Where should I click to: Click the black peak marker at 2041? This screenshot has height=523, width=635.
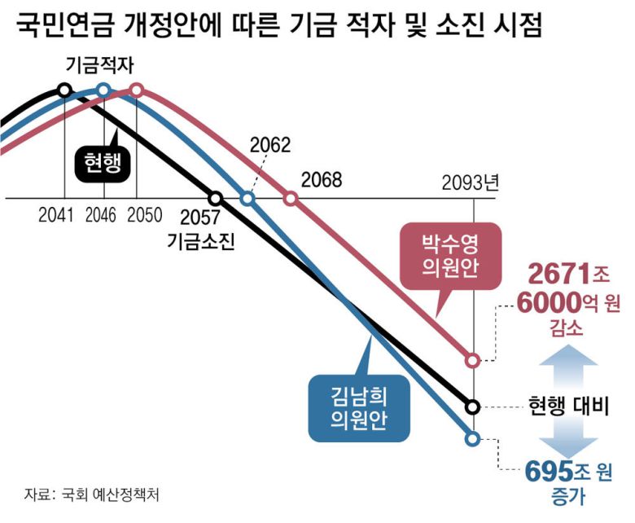(x=64, y=90)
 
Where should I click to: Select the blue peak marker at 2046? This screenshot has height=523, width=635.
(x=103, y=90)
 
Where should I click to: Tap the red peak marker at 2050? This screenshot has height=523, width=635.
(x=137, y=90)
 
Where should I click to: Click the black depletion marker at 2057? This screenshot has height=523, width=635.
(x=215, y=198)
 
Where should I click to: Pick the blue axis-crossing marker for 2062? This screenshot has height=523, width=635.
(x=248, y=198)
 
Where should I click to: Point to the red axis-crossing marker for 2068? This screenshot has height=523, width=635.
(x=290, y=198)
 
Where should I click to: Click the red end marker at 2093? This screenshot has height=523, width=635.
(x=473, y=359)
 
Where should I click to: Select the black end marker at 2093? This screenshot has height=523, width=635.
(x=473, y=405)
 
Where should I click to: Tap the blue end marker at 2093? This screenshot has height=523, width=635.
(x=473, y=438)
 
